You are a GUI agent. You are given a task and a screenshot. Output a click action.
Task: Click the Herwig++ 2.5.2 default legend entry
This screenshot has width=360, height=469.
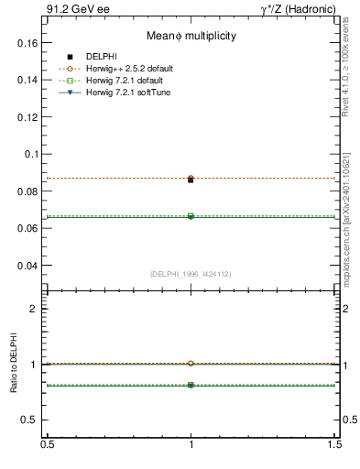click(129, 69)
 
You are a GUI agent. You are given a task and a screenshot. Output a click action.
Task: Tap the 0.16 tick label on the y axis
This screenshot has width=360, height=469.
click(27, 42)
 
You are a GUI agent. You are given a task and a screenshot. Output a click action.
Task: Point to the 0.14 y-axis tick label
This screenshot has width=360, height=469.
click(27, 80)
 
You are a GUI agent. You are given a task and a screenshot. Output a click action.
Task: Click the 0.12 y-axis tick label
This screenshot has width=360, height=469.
click(27, 117)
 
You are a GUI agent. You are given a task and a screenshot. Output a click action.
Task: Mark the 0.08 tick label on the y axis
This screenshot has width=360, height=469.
click(27, 191)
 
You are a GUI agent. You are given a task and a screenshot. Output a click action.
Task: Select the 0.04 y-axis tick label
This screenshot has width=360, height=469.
click(27, 266)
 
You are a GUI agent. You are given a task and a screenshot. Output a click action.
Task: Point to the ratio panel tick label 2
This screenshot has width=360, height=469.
click(34, 309)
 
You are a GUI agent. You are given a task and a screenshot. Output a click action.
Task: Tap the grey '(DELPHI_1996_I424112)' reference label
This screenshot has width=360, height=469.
click(191, 274)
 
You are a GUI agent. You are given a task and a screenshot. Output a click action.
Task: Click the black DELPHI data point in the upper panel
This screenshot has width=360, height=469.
click(191, 180)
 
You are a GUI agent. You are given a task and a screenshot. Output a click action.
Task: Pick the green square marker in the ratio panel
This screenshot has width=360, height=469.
click(191, 386)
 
